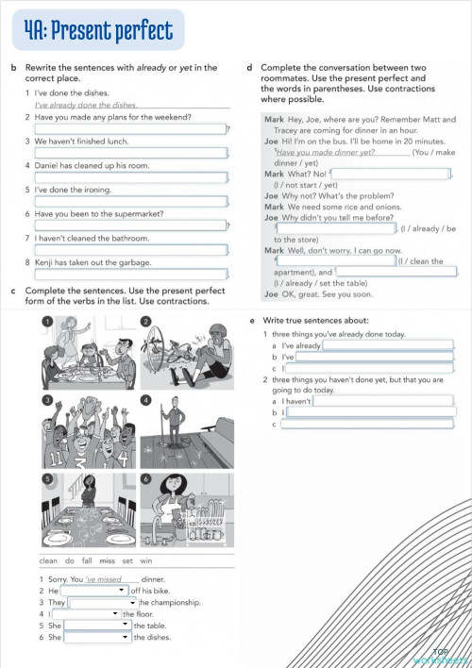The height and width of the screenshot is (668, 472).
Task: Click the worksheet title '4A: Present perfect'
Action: (99, 33)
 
